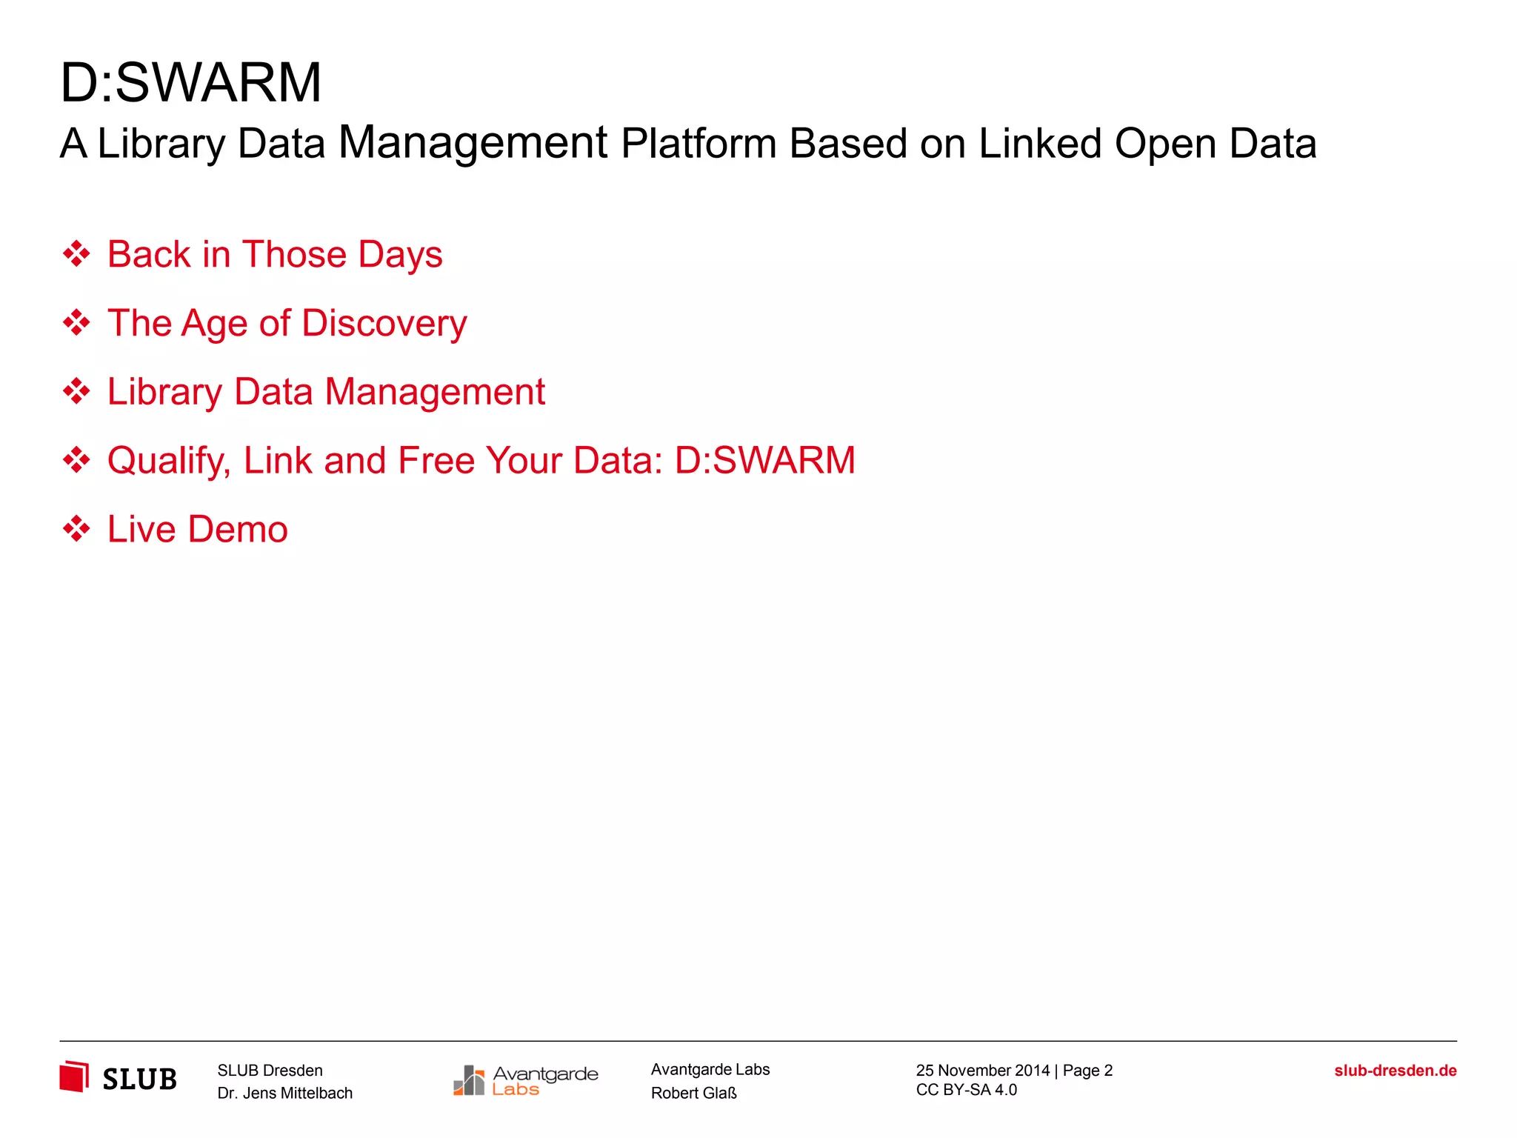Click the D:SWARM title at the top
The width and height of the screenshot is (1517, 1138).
click(x=190, y=82)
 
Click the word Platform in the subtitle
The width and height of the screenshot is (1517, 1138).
click(x=699, y=143)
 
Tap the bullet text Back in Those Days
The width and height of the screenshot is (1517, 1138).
click(x=275, y=254)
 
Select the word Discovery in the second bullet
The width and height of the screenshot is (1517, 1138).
click(x=384, y=323)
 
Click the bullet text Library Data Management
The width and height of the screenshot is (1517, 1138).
click(x=326, y=391)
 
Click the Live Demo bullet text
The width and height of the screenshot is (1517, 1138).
click(x=198, y=529)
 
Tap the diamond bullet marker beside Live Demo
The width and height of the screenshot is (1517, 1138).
click(x=76, y=529)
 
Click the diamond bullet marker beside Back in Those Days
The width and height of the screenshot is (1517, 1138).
click(x=76, y=254)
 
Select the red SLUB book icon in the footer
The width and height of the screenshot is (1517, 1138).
click(x=74, y=1077)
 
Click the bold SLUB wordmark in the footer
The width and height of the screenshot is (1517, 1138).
click(x=139, y=1079)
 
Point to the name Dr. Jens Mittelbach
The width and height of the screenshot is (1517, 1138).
click(x=284, y=1093)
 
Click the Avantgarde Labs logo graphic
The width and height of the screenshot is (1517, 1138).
click(x=525, y=1080)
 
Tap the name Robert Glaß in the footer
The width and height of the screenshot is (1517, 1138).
click(x=693, y=1093)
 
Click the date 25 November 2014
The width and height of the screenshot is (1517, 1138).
click(x=982, y=1070)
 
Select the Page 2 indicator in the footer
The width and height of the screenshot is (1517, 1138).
click(x=1087, y=1070)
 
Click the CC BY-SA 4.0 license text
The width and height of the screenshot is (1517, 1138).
click(x=966, y=1090)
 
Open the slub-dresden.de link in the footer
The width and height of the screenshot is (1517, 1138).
click(x=1395, y=1071)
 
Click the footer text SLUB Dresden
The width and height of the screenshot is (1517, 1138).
click(x=270, y=1070)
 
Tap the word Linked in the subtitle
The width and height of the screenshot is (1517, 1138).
click(x=1040, y=143)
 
